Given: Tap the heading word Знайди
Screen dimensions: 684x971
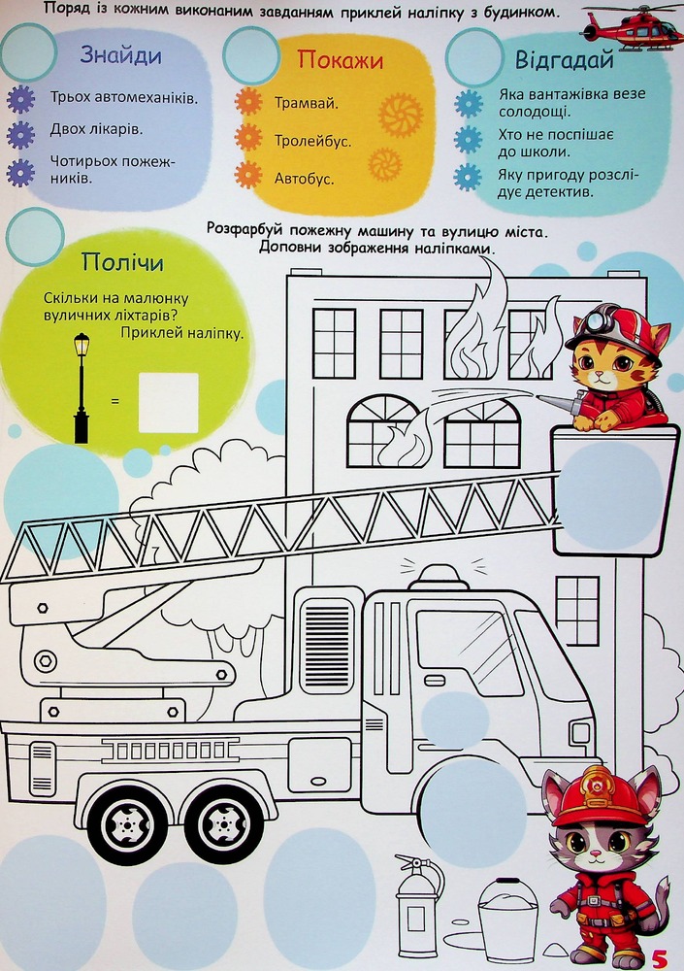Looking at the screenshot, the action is pyautogui.click(x=120, y=55).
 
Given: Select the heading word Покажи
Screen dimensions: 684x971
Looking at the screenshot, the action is pyautogui.click(x=341, y=59).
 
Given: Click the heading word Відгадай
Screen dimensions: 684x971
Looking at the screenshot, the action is pyautogui.click(x=565, y=60).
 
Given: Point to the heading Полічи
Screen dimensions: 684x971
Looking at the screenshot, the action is pyautogui.click(x=122, y=262).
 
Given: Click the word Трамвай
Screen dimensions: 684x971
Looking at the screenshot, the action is pyautogui.click(x=307, y=103).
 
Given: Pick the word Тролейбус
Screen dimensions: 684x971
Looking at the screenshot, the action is pyautogui.click(x=313, y=141).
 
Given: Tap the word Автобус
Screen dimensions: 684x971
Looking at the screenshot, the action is pyautogui.click(x=304, y=179).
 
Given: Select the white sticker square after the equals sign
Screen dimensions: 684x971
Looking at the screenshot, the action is pyautogui.click(x=169, y=402).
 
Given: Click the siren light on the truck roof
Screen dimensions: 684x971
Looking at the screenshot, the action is pyautogui.click(x=440, y=577).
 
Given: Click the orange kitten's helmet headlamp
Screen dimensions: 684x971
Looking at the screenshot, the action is pyautogui.click(x=595, y=320).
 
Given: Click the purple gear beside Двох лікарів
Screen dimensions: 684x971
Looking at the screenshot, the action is pyautogui.click(x=20, y=134).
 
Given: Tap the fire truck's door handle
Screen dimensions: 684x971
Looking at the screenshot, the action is pyautogui.click(x=436, y=682).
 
